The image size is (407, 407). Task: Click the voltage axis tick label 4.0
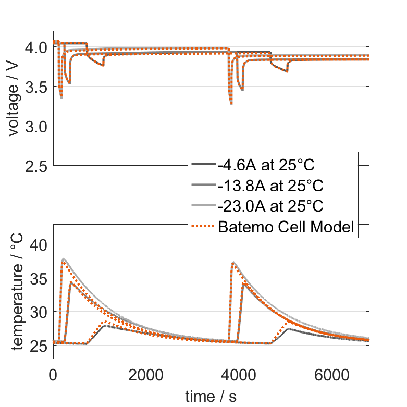pyautogui.click(x=35, y=47)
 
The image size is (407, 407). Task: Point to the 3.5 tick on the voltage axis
pyautogui.click(x=35, y=87)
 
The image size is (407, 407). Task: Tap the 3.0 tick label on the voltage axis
pyautogui.click(x=35, y=127)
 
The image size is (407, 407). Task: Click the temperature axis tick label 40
pyautogui.click(x=39, y=244)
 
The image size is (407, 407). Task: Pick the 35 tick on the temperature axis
pyautogui.click(x=39, y=278)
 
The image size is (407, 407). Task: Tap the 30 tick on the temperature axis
pyautogui.click(x=39, y=312)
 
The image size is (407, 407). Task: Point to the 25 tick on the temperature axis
pyautogui.click(x=39, y=346)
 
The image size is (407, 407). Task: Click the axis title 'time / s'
pyautogui.click(x=211, y=397)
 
